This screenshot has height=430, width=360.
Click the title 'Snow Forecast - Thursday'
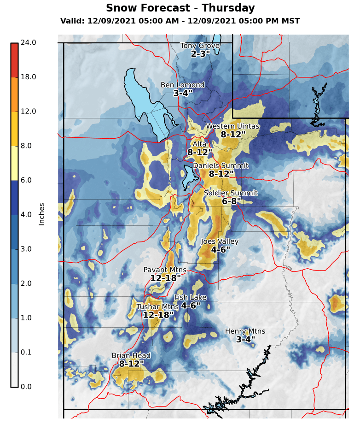(x=180, y=8)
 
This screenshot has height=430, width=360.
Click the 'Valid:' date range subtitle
(x=180, y=21)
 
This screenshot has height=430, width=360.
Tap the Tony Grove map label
(x=200, y=46)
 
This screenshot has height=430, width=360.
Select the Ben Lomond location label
(x=182, y=85)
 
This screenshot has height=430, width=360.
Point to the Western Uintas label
(x=232, y=126)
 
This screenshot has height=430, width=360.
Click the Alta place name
(x=199, y=144)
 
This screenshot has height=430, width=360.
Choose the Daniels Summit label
(x=221, y=166)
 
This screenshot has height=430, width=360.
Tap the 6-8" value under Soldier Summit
(x=231, y=201)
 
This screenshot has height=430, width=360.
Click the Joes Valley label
(x=220, y=242)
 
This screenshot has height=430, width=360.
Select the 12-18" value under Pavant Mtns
(x=165, y=278)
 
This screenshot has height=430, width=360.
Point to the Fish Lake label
(x=190, y=298)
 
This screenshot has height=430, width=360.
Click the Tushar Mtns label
(x=157, y=307)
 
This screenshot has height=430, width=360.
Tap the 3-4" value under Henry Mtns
(x=245, y=340)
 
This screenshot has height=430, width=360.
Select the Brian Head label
(x=131, y=356)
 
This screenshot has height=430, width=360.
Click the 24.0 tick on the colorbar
(x=28, y=43)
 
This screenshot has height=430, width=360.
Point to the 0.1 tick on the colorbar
(x=26, y=353)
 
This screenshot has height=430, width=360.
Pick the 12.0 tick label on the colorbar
(x=28, y=112)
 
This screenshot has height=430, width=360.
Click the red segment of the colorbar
(x=14, y=60)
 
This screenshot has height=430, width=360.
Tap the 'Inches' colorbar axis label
(x=42, y=214)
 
